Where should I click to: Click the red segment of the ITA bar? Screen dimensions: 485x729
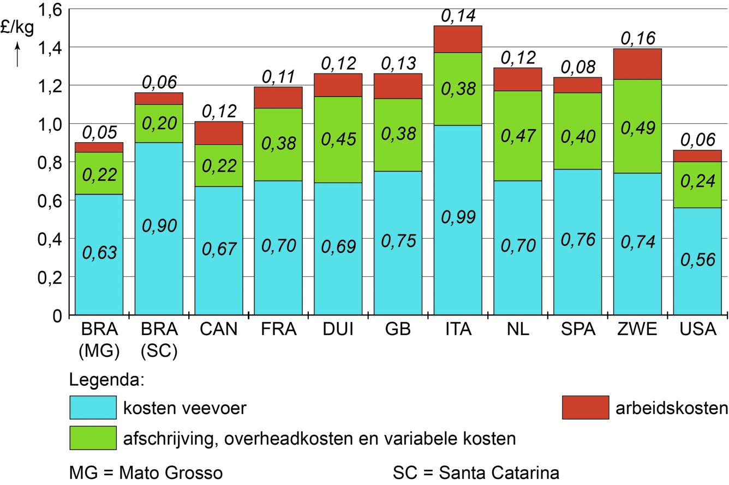458,39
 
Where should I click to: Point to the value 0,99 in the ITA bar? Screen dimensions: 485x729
458,217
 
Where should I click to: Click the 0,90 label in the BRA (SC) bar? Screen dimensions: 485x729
159,225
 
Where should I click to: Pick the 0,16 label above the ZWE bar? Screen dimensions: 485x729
637,38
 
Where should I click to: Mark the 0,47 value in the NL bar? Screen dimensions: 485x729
518,136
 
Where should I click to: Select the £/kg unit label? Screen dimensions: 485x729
17,27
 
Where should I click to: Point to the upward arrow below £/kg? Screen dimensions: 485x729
17,54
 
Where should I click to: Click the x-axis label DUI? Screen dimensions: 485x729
338,330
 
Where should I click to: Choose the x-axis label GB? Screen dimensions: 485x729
398,330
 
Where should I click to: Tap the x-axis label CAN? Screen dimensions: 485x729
218,330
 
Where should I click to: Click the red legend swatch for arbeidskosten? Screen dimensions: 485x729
585,408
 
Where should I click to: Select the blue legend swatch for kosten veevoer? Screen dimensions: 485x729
93,408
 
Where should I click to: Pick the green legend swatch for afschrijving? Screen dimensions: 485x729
93,438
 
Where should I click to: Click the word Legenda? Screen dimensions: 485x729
106,379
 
